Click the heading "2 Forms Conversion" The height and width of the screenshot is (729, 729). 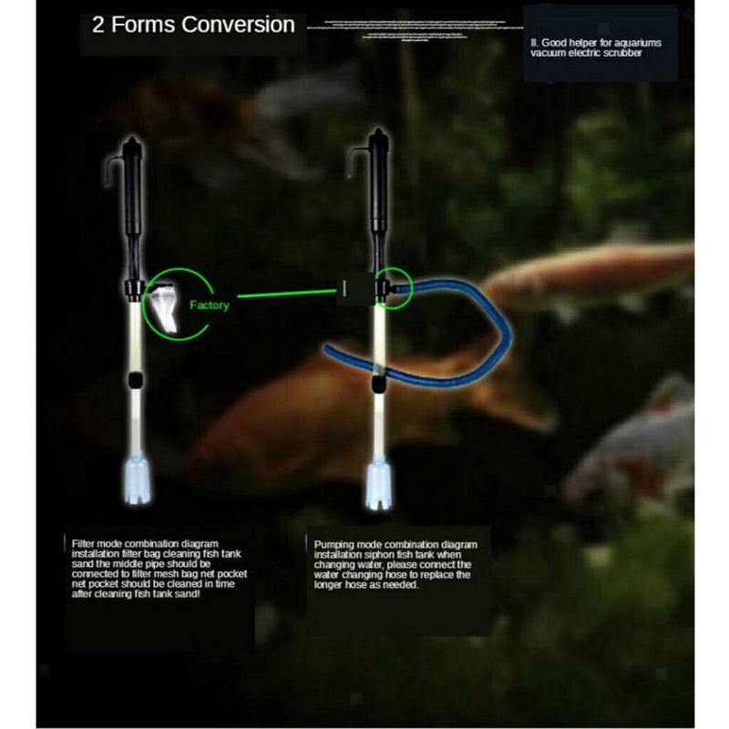point(193,25)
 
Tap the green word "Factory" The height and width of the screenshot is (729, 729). point(209,305)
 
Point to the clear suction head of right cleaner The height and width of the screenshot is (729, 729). point(376,487)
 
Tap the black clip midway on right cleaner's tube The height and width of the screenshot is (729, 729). point(375,386)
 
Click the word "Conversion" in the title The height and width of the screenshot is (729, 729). point(239,25)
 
